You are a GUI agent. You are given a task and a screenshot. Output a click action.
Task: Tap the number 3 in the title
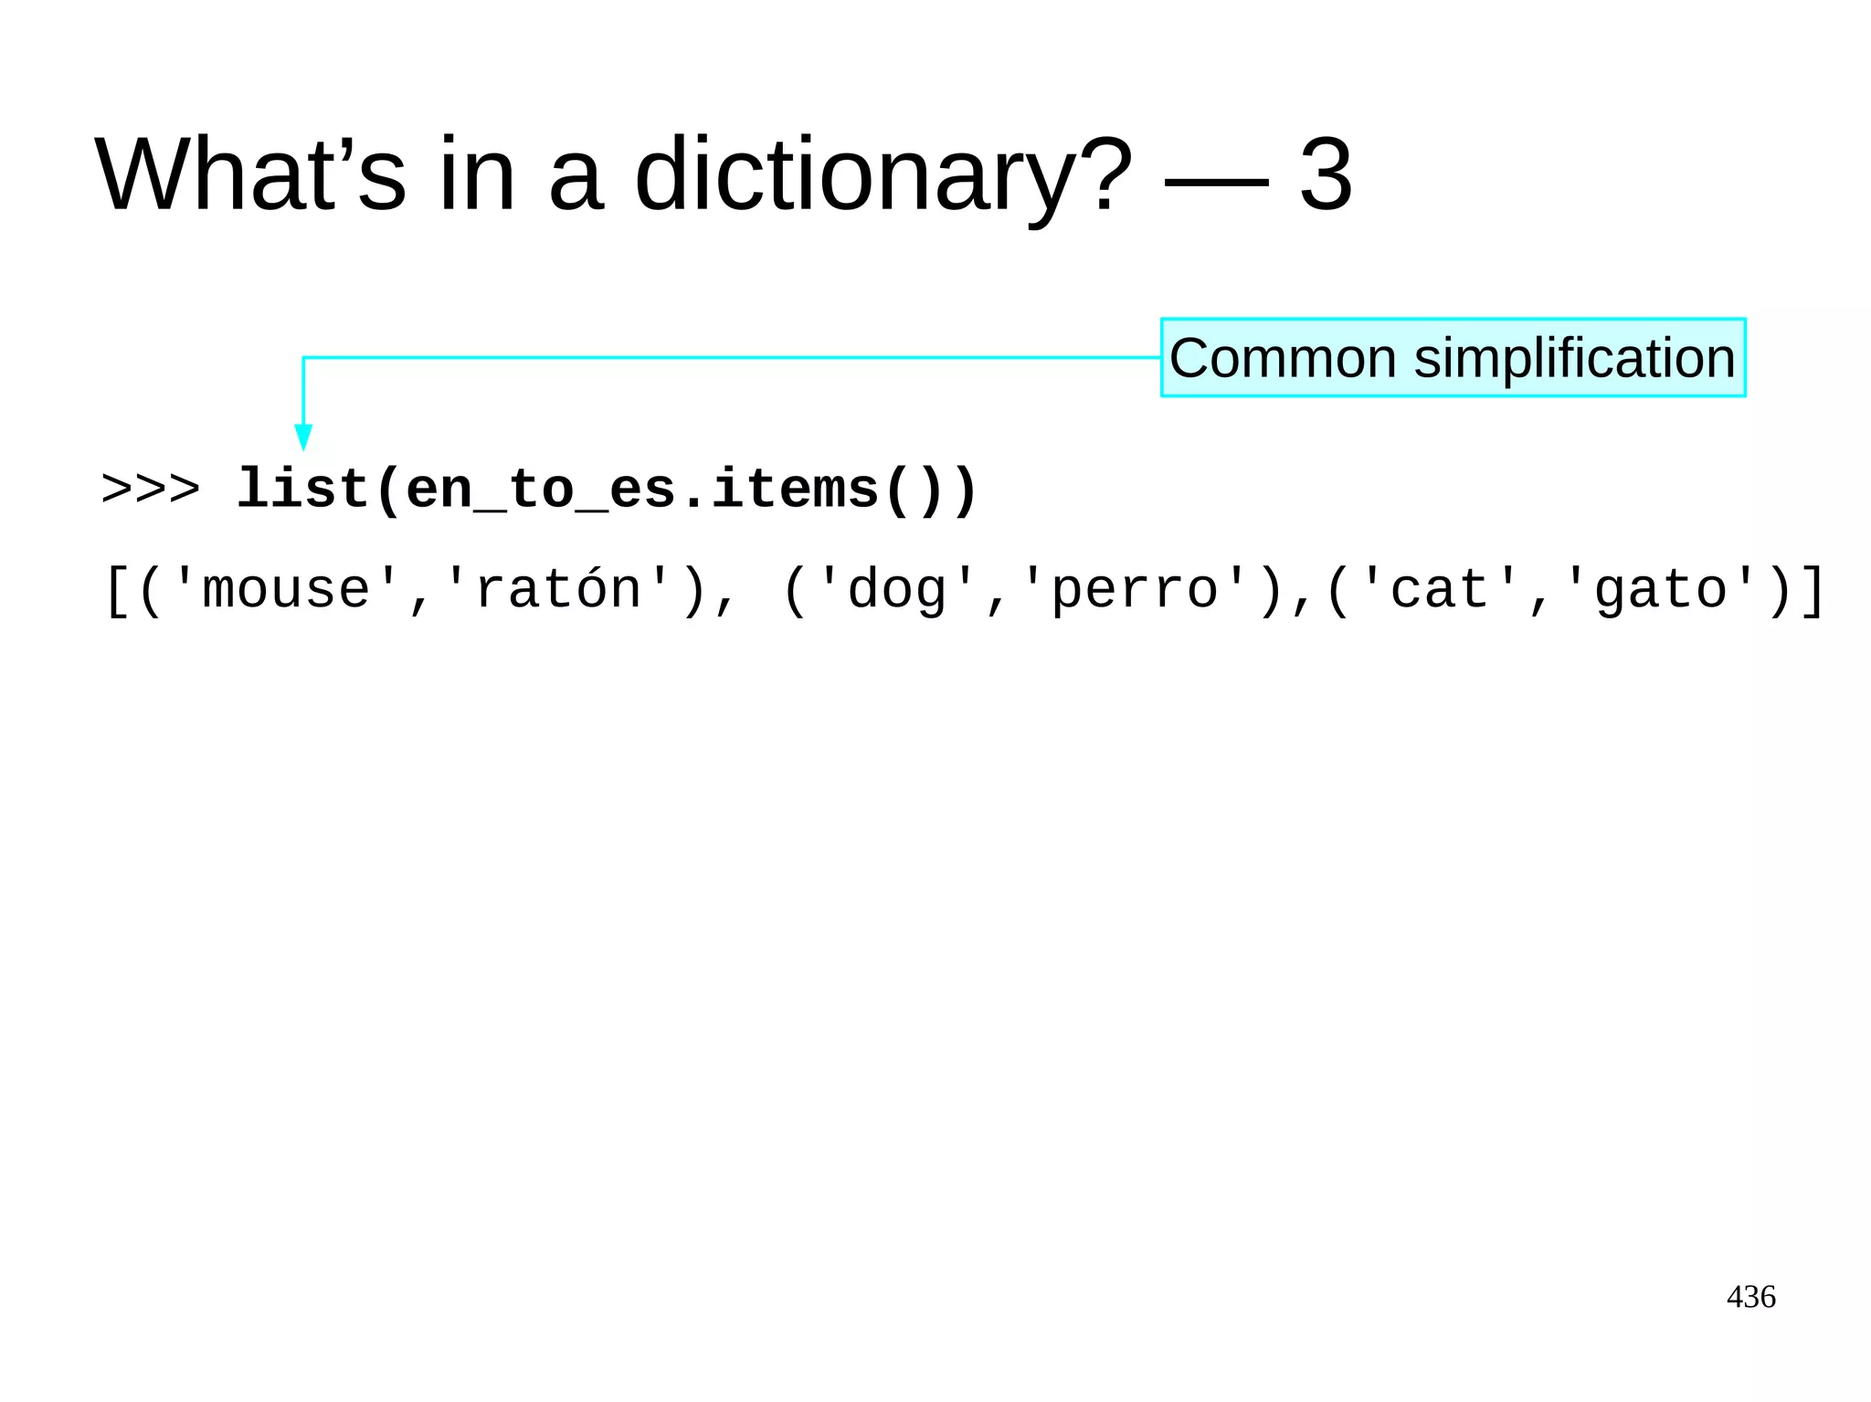(1325, 174)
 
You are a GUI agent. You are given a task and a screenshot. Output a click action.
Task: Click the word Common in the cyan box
(1283, 358)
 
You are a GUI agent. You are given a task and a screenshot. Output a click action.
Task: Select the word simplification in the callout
(1574, 358)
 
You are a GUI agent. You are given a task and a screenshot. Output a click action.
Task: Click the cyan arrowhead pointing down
(303, 437)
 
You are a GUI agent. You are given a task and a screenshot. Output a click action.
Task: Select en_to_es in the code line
(540, 490)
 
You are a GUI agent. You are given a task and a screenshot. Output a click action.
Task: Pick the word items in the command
(794, 490)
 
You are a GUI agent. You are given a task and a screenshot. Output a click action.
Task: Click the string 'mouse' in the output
(286, 590)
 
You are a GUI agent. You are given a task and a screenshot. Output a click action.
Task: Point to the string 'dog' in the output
(897, 590)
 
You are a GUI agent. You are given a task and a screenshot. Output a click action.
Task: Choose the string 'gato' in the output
(1660, 590)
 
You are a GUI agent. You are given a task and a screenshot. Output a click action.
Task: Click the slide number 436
(1750, 1297)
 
